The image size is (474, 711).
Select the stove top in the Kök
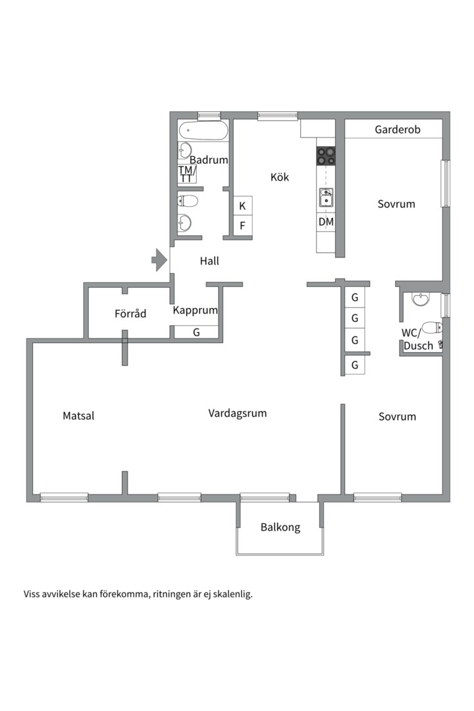326,156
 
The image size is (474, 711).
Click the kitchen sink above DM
326,197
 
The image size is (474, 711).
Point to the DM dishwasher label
326,222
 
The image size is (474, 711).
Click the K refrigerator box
243,206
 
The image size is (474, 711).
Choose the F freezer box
243,225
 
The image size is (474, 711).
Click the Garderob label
398,130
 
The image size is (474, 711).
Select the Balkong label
280,527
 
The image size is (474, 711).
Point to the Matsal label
78,416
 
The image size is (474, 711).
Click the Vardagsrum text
237,413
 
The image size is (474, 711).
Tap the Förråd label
130,313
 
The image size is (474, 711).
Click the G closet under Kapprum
196,332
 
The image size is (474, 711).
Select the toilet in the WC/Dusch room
432,327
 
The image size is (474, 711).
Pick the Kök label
279,177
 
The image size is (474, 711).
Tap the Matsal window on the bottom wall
64,498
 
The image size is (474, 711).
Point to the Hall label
209,261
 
